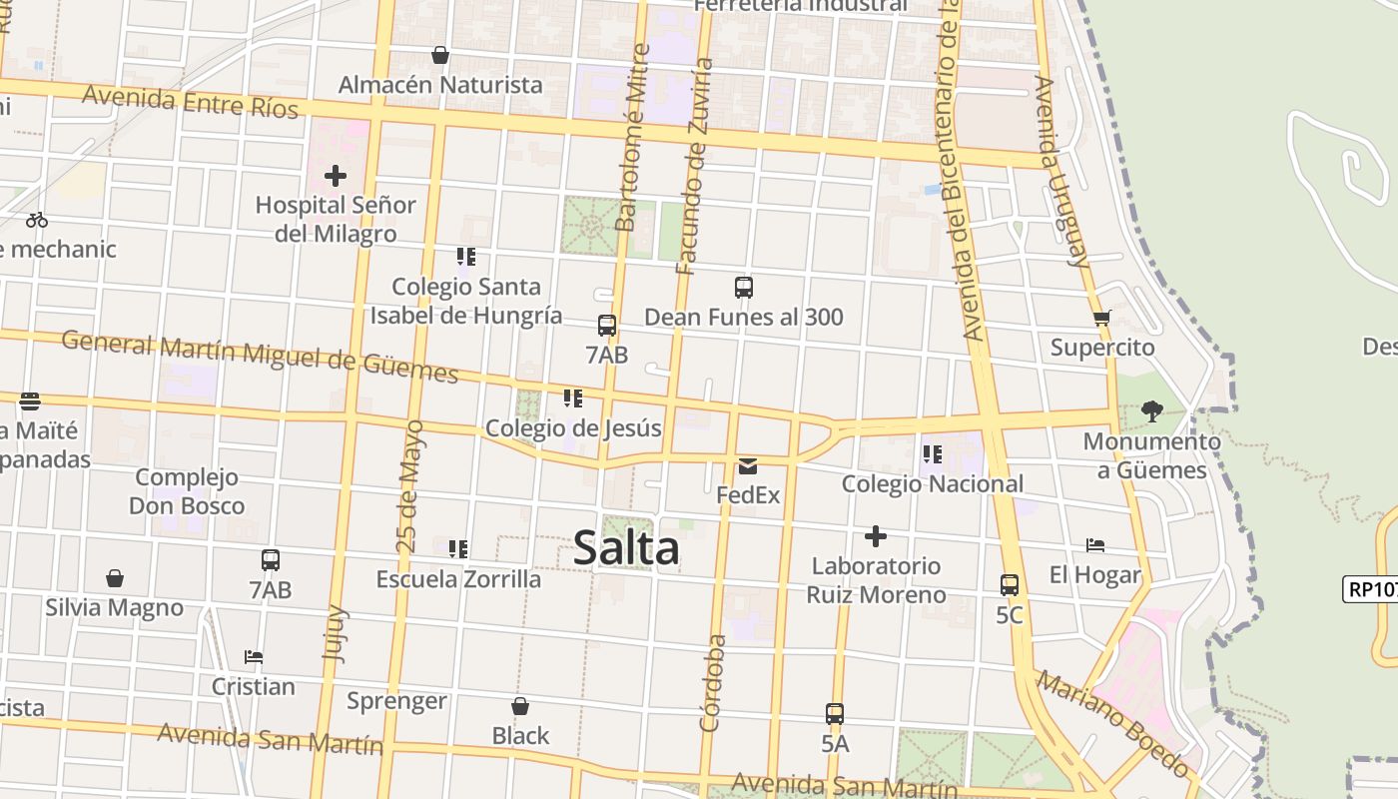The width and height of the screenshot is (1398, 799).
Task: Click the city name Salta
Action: coord(626,547)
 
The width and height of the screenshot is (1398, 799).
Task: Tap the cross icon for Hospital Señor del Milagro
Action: coord(336,176)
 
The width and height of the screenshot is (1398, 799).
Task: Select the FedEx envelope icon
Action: coord(748,465)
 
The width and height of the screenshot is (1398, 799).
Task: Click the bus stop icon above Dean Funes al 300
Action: coord(743,288)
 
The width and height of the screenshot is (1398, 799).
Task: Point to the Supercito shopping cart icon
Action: coord(1102,319)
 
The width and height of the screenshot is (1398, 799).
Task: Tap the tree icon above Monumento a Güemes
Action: coord(1151,410)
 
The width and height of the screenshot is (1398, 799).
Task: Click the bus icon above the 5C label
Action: coord(1010,585)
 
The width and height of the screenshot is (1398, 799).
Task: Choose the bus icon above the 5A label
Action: coord(835,714)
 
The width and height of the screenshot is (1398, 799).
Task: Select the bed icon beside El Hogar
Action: coord(1095,545)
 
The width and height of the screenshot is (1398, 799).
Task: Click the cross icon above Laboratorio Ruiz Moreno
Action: coord(876,536)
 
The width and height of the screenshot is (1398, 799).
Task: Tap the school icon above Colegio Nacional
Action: coord(933,454)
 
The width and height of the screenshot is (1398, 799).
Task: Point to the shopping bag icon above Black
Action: coord(520,706)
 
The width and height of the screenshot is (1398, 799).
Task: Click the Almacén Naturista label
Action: coord(440,85)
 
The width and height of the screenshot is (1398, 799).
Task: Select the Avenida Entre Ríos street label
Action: coord(190,101)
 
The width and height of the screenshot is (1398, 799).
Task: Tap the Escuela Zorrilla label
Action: coord(458,579)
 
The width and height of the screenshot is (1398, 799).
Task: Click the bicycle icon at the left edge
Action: coord(37,220)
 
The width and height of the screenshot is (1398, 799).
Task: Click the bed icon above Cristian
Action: coord(254,657)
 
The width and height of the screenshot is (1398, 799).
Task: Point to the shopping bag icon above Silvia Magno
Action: coord(115,578)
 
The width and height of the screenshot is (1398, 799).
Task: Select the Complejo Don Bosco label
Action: coord(187,491)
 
